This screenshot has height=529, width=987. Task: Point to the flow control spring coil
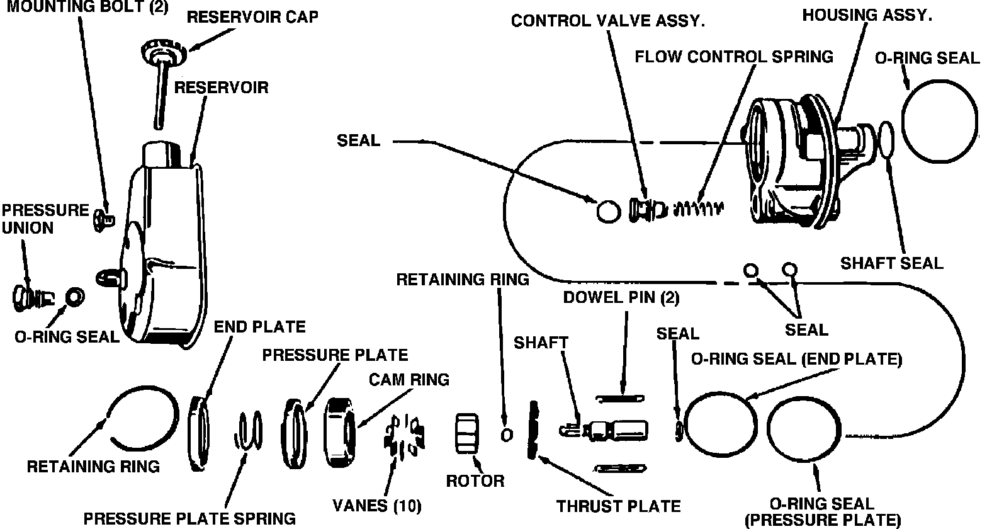(698, 207)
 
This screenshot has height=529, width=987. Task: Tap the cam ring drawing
(339, 433)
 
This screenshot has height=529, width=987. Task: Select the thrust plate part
(535, 429)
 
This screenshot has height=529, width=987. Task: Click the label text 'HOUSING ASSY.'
(867, 16)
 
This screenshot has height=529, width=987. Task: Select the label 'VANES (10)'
(377, 505)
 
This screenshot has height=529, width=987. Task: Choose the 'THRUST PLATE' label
(619, 506)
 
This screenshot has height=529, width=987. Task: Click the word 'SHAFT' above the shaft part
(541, 343)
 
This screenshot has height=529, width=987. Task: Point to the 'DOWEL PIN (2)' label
(621, 298)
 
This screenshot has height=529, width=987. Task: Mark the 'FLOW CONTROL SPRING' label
(733, 57)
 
